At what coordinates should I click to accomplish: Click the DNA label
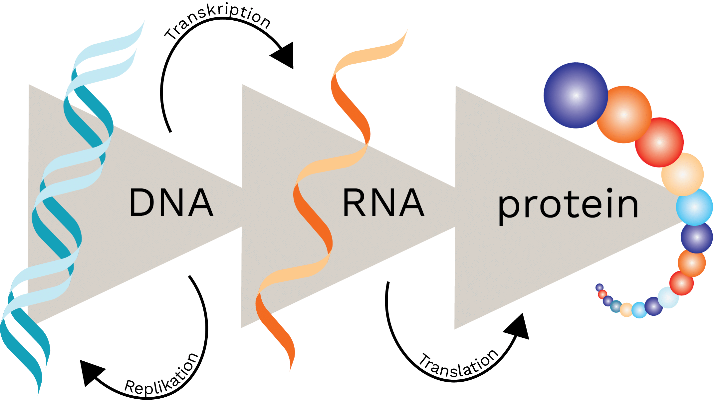click(x=171, y=202)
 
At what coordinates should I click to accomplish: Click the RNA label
click(x=383, y=202)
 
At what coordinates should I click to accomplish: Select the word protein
click(x=568, y=205)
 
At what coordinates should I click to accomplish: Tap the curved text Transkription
click(x=218, y=22)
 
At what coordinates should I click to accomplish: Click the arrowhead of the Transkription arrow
click(x=285, y=55)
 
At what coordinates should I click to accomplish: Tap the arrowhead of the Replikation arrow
click(x=90, y=371)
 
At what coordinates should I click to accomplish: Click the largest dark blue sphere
click(x=576, y=95)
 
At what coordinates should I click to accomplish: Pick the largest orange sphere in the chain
click(x=624, y=115)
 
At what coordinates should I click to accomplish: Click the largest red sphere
click(x=659, y=143)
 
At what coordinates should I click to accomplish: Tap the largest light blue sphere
click(x=694, y=207)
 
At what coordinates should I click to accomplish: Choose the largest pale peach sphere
click(x=682, y=174)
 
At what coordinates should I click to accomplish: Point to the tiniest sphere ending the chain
click(x=599, y=287)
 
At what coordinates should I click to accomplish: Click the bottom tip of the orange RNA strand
click(x=290, y=370)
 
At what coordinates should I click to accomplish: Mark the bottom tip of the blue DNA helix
click(x=39, y=393)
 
